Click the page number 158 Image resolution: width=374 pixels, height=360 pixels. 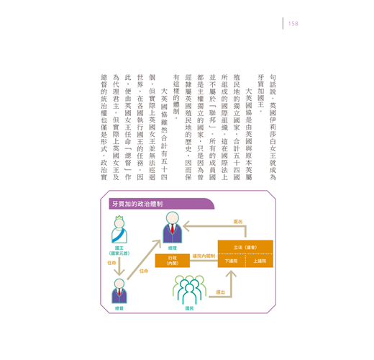tap(293, 24)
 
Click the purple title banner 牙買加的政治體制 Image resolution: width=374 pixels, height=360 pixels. tap(162, 204)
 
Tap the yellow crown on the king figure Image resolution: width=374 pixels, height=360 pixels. tap(119, 217)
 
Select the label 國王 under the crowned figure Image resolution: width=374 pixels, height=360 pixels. tap(119, 248)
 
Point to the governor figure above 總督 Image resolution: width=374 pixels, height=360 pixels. tap(119, 291)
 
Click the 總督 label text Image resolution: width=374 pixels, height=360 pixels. tap(119, 308)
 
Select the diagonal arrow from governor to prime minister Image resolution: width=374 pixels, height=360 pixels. tap(144, 260)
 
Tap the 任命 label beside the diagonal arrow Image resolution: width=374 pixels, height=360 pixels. tap(144, 271)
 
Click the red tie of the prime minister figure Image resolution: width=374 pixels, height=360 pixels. tap(173, 228)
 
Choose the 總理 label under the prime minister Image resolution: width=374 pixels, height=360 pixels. tap(173, 248)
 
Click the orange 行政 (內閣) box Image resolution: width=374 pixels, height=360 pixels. tap(173, 261)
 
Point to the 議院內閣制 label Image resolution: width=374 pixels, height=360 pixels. tap(204, 256)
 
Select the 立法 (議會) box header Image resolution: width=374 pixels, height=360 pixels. tap(245, 247)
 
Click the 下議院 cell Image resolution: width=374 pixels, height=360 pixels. tap(232, 261)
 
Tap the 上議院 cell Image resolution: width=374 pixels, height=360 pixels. tap(260, 261)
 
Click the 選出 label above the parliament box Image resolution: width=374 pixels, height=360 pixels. tap(238, 222)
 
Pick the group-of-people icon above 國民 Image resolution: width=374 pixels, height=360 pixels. tap(189, 289)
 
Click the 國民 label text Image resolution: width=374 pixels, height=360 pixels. tap(189, 308)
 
